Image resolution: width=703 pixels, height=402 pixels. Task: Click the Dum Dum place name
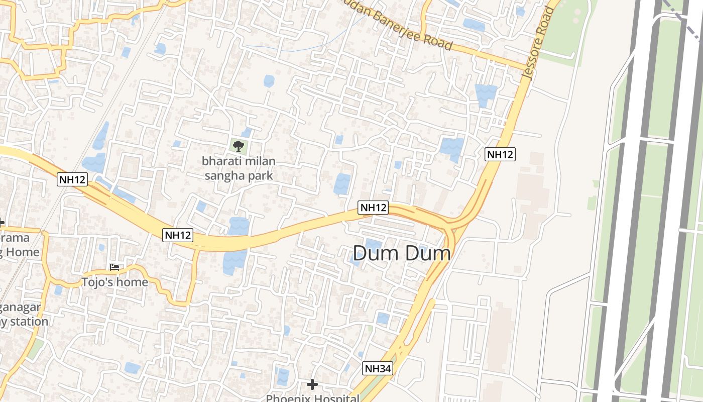pyautogui.click(x=402, y=253)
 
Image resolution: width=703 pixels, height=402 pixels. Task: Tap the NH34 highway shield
pyautogui.click(x=377, y=368)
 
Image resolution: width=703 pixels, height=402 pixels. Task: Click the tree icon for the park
pyautogui.click(x=239, y=146)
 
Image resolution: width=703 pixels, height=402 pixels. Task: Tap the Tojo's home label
pyautogui.click(x=115, y=282)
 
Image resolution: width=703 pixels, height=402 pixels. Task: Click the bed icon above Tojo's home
pyautogui.click(x=114, y=267)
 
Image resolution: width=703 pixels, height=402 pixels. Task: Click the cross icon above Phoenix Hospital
pyautogui.click(x=312, y=385)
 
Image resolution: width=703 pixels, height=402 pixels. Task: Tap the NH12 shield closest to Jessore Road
pyautogui.click(x=500, y=154)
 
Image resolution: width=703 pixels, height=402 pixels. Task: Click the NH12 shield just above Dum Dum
pyautogui.click(x=374, y=207)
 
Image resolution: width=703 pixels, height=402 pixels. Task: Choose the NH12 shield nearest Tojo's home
pyautogui.click(x=178, y=234)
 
